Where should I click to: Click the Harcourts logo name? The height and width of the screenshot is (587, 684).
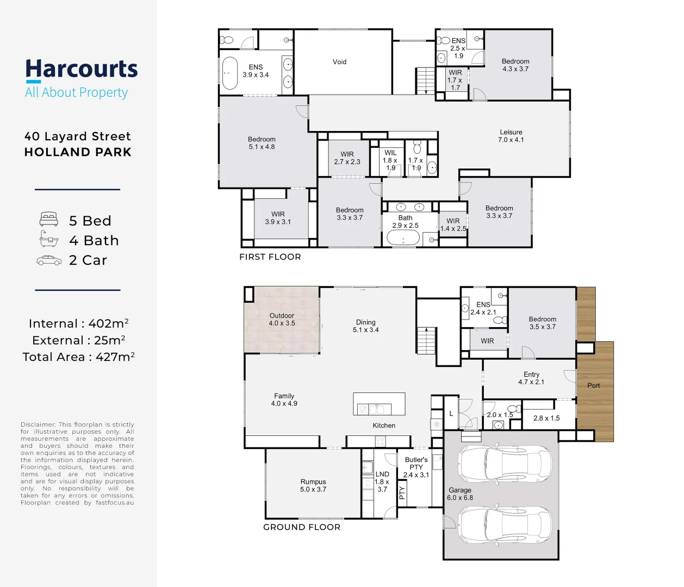coord(82,70)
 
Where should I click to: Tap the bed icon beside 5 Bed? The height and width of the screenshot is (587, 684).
coord(49,220)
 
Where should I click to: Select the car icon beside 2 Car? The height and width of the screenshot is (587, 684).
coord(49,261)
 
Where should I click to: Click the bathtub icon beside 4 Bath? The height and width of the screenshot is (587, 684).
coord(49,239)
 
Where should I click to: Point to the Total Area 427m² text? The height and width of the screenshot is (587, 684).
coord(78,357)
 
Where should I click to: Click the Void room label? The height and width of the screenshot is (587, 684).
coord(339,62)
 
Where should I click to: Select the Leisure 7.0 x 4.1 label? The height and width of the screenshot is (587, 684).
coord(511,136)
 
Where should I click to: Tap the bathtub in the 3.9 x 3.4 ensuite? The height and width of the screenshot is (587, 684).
coord(230,73)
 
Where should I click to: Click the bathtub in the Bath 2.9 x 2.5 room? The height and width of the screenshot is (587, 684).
coord(402,239)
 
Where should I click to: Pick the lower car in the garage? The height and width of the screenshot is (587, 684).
coord(505,525)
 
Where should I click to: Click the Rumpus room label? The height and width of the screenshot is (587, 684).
coord(313,485)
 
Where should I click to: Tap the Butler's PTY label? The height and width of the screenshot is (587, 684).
coord(416,467)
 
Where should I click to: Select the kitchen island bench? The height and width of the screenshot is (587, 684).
coord(379,404)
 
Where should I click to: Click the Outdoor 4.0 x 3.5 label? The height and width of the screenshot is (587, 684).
coord(282,320)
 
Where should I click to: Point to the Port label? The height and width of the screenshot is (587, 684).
coord(593,386)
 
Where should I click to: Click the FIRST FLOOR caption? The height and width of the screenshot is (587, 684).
coord(270,257)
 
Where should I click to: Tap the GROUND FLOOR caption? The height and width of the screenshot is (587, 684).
coord(301,527)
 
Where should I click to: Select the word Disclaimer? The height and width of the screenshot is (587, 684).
coord(38,424)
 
